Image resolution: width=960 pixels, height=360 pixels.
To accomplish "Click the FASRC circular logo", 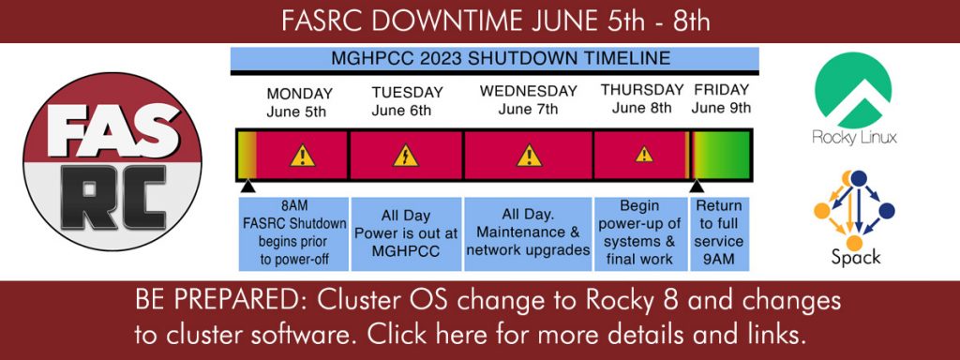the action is tap(112, 161).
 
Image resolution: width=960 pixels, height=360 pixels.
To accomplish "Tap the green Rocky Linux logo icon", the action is tap(853, 90).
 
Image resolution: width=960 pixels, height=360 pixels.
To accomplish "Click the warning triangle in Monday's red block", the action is tap(303, 156).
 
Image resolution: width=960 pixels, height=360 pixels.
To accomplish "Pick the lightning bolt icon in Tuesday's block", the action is tap(406, 156).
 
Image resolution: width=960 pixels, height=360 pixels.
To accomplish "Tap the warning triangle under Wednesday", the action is tap(529, 156).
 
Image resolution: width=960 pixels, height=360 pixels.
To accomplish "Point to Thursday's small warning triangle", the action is tap(644, 154).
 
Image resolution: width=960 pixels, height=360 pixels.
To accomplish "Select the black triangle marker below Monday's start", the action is tap(247, 187).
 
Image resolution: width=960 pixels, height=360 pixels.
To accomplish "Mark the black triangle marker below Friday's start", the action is tap(697, 187).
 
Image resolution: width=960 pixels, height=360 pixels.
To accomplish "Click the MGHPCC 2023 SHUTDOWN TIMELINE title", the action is tap(501, 59).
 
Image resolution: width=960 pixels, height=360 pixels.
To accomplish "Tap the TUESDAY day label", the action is tap(407, 93).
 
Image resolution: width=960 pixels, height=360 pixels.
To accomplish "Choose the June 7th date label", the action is tap(529, 110).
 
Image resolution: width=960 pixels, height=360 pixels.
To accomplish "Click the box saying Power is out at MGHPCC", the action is tap(406, 233).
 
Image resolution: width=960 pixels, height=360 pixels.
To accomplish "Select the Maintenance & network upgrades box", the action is tap(528, 233).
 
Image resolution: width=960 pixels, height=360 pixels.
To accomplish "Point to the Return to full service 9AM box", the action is tap(719, 233).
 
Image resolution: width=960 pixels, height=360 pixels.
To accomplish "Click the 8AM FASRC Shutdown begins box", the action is tap(294, 233).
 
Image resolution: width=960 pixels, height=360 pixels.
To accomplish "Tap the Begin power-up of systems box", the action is tap(639, 233).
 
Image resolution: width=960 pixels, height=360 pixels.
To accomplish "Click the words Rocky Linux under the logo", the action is tap(854, 138).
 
